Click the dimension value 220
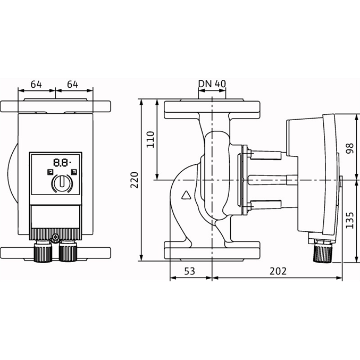[x=135, y=180]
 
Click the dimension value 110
[x=150, y=139]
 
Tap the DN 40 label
[x=212, y=84]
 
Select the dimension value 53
[x=189, y=271]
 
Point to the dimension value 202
[x=278, y=271]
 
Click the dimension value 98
[x=350, y=148]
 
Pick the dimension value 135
[x=350, y=220]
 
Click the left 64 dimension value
[x=36, y=85]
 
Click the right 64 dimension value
[x=72, y=85]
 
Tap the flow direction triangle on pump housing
[x=186, y=195]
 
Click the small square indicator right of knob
[x=74, y=172]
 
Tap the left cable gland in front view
[x=43, y=250]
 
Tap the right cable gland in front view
[x=68, y=250]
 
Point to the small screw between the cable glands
[x=55, y=237]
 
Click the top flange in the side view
[x=212, y=109]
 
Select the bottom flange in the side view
[x=212, y=251]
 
